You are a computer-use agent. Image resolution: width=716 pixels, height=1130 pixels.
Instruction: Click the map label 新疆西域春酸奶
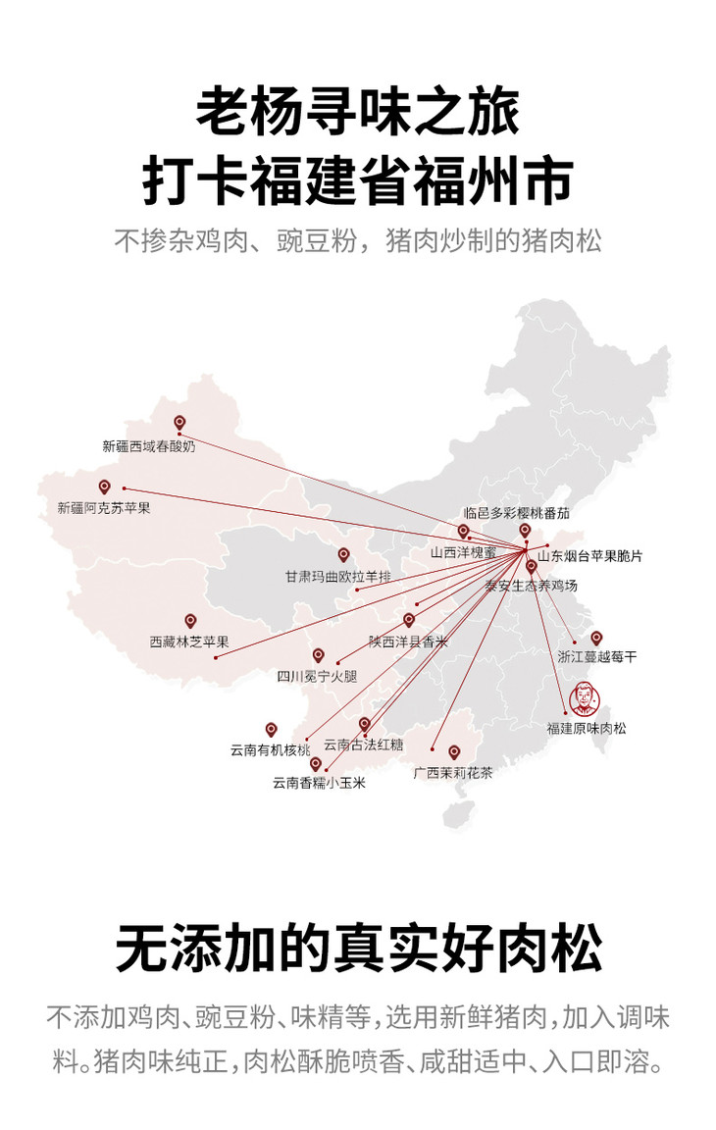tap(148, 445)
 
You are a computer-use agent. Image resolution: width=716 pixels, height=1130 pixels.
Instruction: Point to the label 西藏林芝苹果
tap(189, 642)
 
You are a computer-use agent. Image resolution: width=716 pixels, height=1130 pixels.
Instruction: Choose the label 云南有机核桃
tap(270, 750)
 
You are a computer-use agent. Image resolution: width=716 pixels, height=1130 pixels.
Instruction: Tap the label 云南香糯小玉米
tap(319, 783)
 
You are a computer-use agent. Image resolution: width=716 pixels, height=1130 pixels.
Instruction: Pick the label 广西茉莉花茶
tap(453, 773)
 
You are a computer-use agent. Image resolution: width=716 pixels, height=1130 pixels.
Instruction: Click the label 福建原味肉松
tap(587, 728)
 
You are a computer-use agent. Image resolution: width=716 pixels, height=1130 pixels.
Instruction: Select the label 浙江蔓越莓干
tap(596, 657)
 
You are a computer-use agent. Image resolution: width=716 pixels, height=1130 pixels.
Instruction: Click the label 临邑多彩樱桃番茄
tap(516, 513)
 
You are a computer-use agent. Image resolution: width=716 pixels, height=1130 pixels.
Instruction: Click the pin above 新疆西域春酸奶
tap(179, 424)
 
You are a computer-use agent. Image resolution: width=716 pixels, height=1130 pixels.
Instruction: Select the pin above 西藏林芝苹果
tap(190, 621)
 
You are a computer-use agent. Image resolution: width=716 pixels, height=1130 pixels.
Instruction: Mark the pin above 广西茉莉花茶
tap(453, 752)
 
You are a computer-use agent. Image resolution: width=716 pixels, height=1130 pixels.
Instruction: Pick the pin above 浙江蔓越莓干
tap(596, 638)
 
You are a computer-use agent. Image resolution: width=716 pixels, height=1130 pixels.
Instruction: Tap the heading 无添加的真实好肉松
tap(358, 947)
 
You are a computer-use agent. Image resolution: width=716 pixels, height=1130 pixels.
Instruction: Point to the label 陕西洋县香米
tap(408, 642)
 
